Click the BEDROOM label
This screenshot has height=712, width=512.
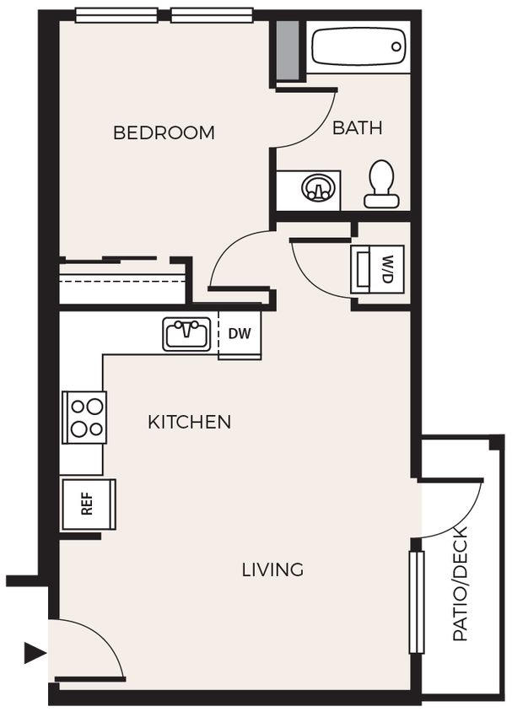(x=164, y=132)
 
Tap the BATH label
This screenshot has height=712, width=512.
(x=357, y=128)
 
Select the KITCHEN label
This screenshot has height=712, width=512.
(x=189, y=422)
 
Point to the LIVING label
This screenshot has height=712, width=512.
(x=272, y=570)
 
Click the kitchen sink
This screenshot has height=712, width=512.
(x=187, y=334)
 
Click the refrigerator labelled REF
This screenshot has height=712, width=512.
(x=87, y=504)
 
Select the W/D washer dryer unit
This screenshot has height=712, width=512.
(x=377, y=268)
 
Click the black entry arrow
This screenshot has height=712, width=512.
(x=32, y=652)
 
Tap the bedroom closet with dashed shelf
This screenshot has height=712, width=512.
(x=122, y=282)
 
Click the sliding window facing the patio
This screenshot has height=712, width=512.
(x=416, y=602)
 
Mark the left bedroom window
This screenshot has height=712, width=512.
(x=116, y=14)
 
